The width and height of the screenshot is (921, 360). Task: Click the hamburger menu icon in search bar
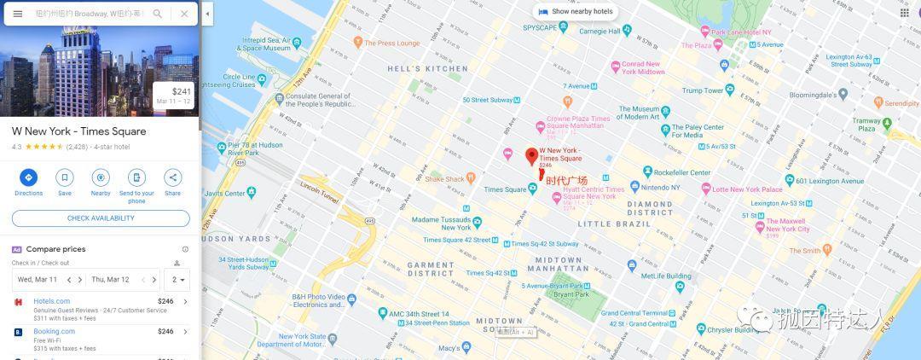17,14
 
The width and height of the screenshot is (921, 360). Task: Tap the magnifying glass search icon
158,14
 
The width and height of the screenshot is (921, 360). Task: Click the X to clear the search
184,14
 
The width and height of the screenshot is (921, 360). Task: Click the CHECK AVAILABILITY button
101,218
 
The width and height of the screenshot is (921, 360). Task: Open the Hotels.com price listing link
51,301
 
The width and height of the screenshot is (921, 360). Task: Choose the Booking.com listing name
54,331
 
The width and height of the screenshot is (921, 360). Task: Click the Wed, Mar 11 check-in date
38,279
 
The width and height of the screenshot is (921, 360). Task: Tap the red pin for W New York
531,156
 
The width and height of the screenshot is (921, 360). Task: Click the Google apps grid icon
904,13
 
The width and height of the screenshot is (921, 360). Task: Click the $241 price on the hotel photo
181,91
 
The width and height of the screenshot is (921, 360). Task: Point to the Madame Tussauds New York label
441,223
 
